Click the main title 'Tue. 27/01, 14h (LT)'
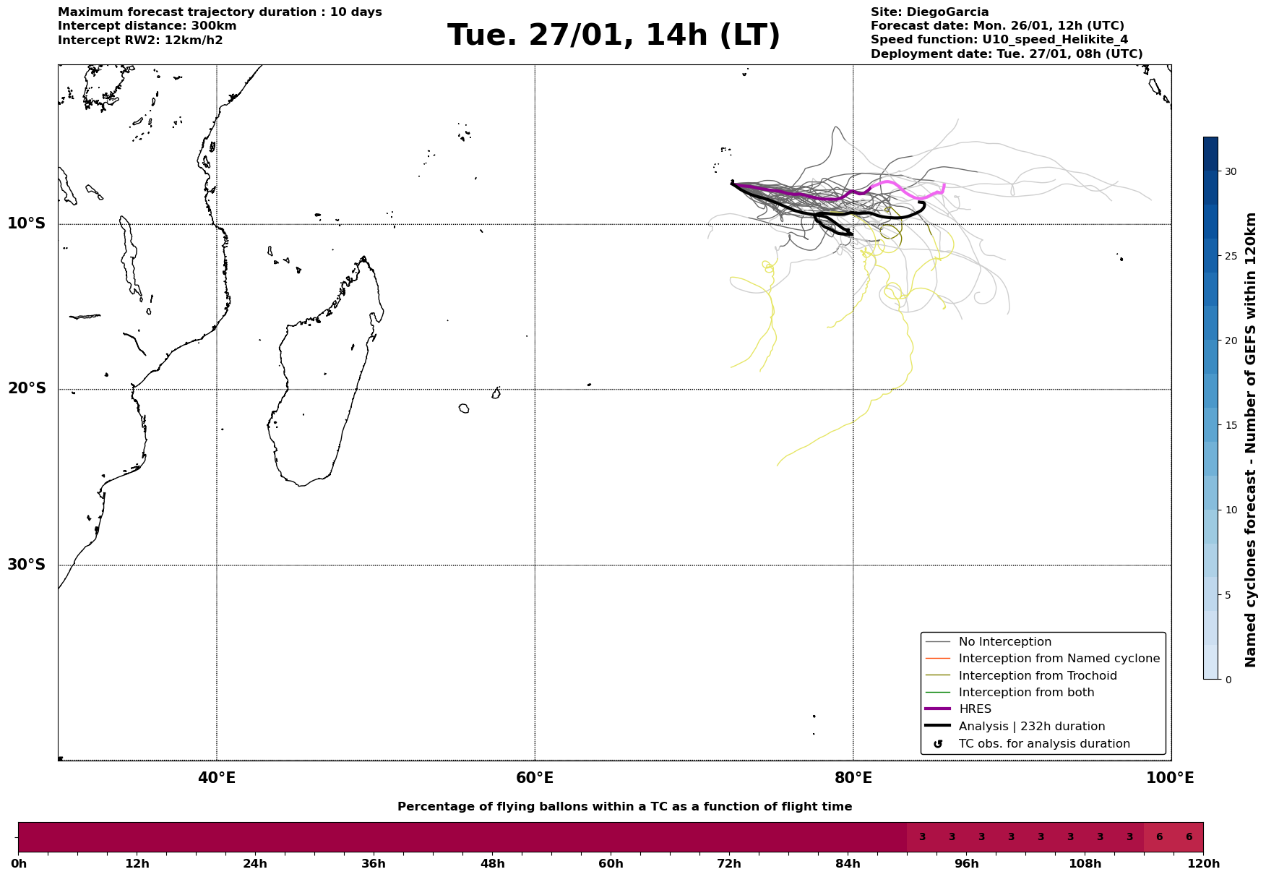pyautogui.click(x=613, y=35)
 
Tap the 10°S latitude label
pyautogui.click(x=27, y=223)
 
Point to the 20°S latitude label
pyautogui.click(x=27, y=389)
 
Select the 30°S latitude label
pyautogui.click(x=27, y=565)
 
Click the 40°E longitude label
pyautogui.click(x=217, y=779)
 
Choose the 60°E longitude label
pyautogui.click(x=535, y=779)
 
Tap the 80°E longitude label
pyautogui.click(x=853, y=779)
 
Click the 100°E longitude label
pyautogui.click(x=1170, y=779)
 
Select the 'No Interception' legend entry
pyautogui.click(x=1004, y=642)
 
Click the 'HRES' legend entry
pyautogui.click(x=975, y=709)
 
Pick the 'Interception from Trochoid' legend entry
pyautogui.click(x=1037, y=676)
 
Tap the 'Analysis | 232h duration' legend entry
pyautogui.click(x=1031, y=727)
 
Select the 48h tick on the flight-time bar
pyautogui.click(x=492, y=864)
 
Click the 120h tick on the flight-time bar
pyautogui.click(x=1202, y=864)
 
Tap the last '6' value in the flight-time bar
pyautogui.click(x=1189, y=837)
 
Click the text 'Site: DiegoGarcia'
pyautogui.click(x=929, y=12)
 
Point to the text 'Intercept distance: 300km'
pyautogui.click(x=147, y=26)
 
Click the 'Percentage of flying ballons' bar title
pyautogui.click(x=624, y=807)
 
